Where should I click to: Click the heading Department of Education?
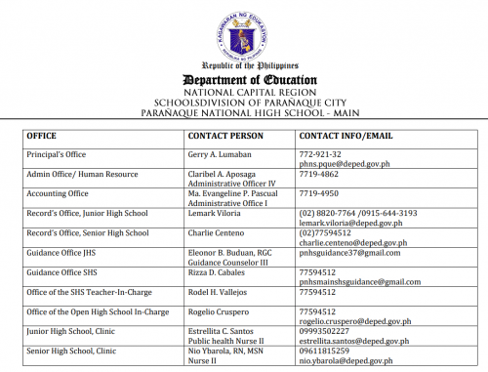tap(243, 79)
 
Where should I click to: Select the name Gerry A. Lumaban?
tap(221, 154)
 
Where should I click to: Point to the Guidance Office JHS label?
tap(63, 253)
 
